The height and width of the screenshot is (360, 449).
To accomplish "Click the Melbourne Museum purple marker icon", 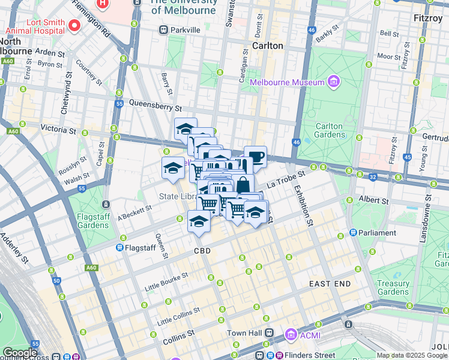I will click(334, 82).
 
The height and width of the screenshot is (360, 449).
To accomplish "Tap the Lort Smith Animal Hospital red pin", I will click(74, 25).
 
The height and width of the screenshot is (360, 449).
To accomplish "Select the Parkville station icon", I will click(163, 30).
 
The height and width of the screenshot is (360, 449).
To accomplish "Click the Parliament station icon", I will click(354, 233).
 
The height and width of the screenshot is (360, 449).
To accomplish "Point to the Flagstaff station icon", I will click(120, 247).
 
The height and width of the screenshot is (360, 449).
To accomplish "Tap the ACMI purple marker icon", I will click(291, 333).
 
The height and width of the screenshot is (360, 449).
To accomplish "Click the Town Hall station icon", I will click(270, 333).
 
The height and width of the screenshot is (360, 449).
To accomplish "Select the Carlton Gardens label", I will click(329, 131).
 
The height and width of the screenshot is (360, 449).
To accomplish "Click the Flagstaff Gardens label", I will click(93, 221).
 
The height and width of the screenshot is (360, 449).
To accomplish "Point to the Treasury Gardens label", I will click(394, 288).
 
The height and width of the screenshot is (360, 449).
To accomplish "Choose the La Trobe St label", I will click(286, 178).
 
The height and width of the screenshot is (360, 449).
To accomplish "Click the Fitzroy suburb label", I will click(428, 19).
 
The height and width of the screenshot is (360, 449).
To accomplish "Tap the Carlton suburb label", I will click(268, 46).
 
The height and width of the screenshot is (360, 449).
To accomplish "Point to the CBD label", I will click(202, 251).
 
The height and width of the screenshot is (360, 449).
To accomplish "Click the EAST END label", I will click(330, 283).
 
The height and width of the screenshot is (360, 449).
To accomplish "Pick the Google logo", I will click(20, 353).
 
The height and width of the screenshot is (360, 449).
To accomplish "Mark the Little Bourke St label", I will click(166, 281).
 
